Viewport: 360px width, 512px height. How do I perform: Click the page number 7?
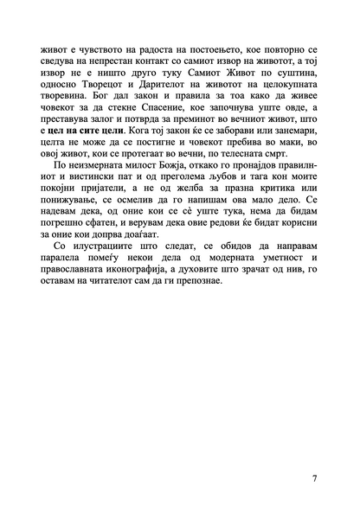tap(314, 478)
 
